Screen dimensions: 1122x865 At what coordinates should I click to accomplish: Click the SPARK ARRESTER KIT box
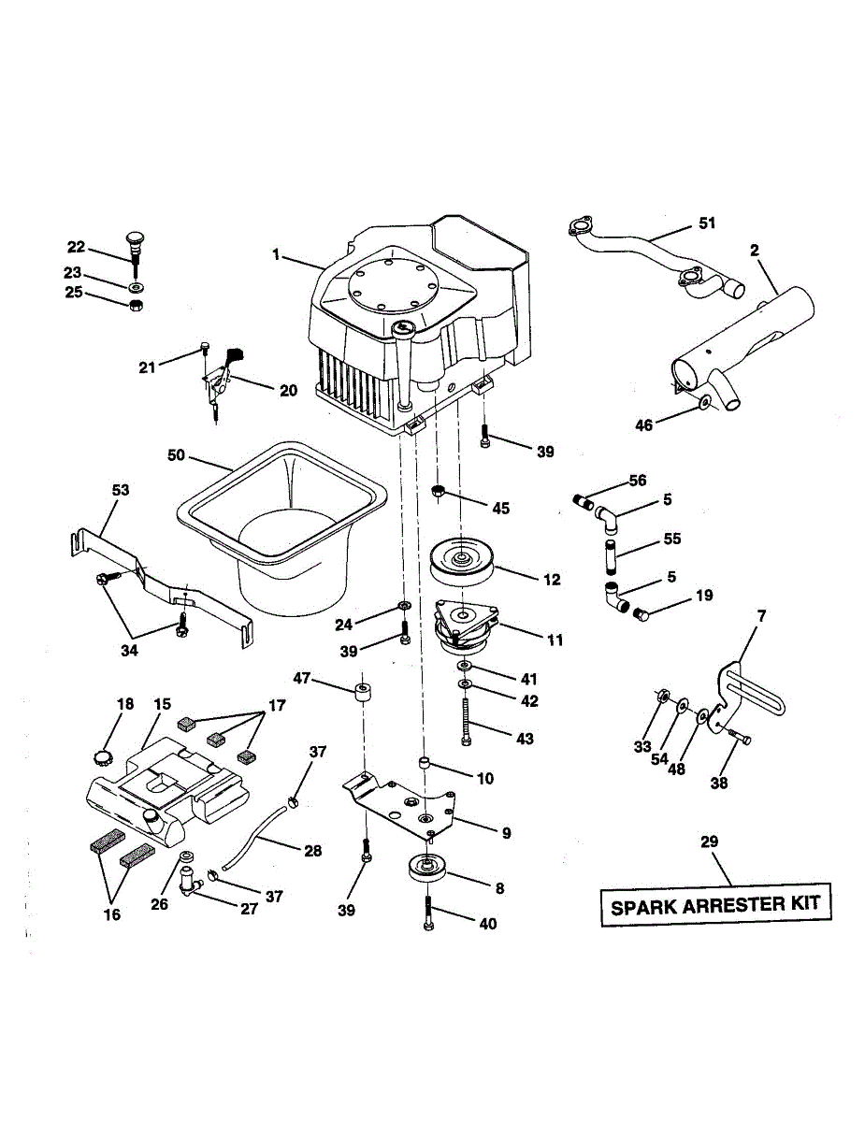[x=715, y=905]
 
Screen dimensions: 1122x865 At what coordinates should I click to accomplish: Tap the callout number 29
[x=710, y=842]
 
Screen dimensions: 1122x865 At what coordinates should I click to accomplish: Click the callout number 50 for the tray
[x=177, y=456]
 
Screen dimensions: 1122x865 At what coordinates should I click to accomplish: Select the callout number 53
[x=121, y=490]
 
